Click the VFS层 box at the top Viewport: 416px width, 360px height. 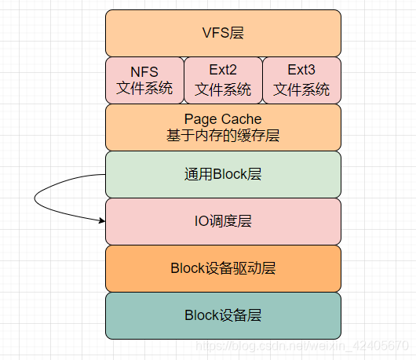click(x=223, y=33)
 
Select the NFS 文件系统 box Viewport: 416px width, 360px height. click(x=144, y=80)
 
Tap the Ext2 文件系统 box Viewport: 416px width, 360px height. click(x=223, y=80)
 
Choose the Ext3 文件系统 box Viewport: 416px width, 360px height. click(x=301, y=80)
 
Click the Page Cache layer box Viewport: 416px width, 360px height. click(x=223, y=127)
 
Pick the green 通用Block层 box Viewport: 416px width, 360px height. click(x=223, y=174)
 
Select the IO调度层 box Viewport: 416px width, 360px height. click(x=223, y=221)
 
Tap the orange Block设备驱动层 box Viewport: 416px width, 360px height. click(x=223, y=268)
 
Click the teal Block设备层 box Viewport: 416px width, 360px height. click(x=223, y=315)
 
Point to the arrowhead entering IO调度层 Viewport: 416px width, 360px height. click(x=102, y=220)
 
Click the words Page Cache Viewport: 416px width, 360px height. click(x=223, y=119)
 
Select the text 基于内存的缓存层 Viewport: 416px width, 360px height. click(x=223, y=136)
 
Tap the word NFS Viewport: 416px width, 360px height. click(x=144, y=72)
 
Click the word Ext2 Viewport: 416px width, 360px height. click(x=223, y=72)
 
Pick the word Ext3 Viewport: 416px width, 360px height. click(x=301, y=72)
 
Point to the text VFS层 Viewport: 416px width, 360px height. click(x=223, y=33)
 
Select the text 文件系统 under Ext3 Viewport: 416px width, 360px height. click(x=301, y=89)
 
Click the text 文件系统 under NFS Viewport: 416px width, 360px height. click(x=144, y=89)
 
